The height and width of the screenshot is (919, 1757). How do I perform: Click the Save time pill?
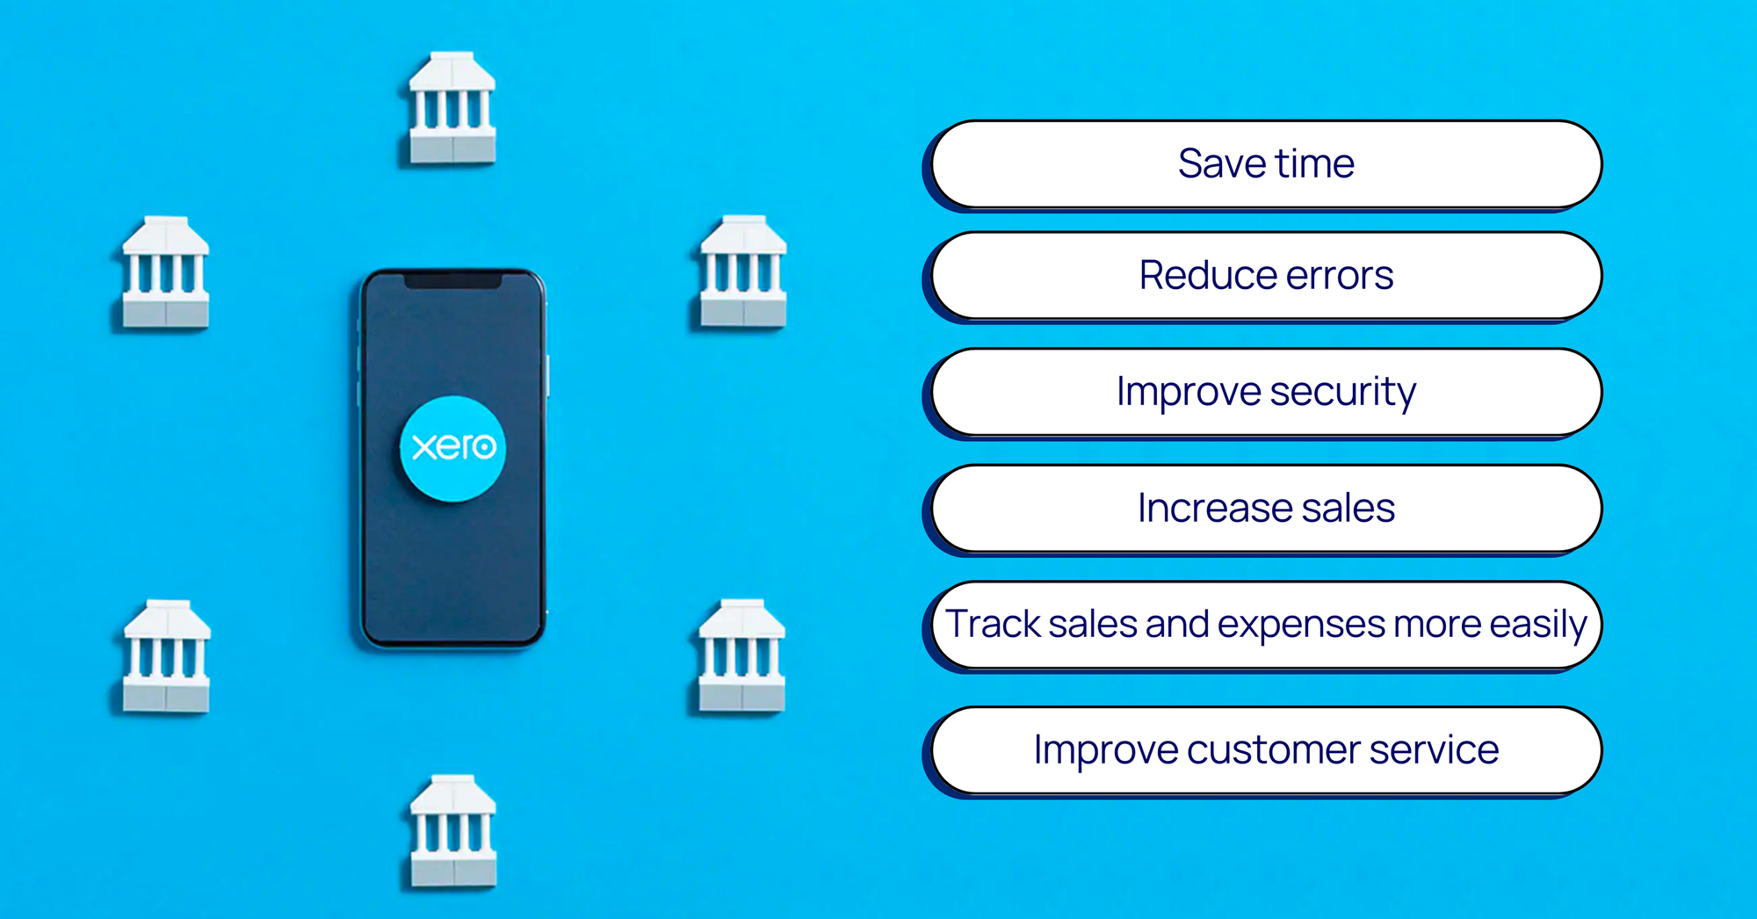(1266, 164)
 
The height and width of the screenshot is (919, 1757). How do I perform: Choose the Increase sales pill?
(1266, 509)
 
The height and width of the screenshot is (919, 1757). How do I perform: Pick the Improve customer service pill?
(1266, 750)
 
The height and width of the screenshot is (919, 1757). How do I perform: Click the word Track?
(993, 623)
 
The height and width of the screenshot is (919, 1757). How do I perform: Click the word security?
(1343, 394)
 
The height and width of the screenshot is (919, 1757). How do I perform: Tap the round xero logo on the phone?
(452, 449)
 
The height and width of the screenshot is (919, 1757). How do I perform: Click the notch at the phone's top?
(452, 280)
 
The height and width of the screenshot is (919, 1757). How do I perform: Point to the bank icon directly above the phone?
(452, 108)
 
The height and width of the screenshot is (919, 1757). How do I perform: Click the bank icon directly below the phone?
(453, 830)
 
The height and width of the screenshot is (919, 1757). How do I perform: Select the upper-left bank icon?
(165, 272)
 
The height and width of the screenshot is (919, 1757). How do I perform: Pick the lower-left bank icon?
(166, 656)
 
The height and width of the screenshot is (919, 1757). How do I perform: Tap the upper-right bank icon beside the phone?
(743, 271)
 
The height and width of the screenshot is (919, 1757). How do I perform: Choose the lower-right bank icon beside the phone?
(742, 655)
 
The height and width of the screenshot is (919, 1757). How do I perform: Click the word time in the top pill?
(1315, 164)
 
